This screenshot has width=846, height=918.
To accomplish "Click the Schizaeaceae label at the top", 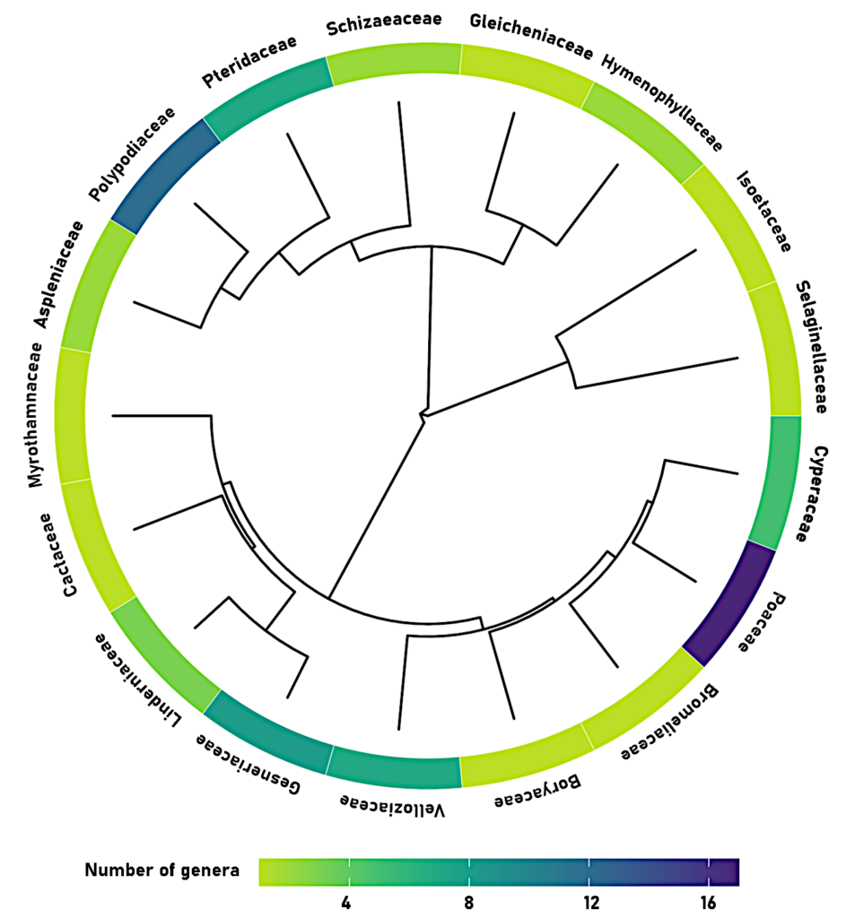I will point(384,24).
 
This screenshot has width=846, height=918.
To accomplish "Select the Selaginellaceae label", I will point(811,346).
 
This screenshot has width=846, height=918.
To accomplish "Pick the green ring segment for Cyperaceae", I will point(773,481).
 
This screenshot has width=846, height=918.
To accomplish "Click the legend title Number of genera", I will point(162,870).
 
